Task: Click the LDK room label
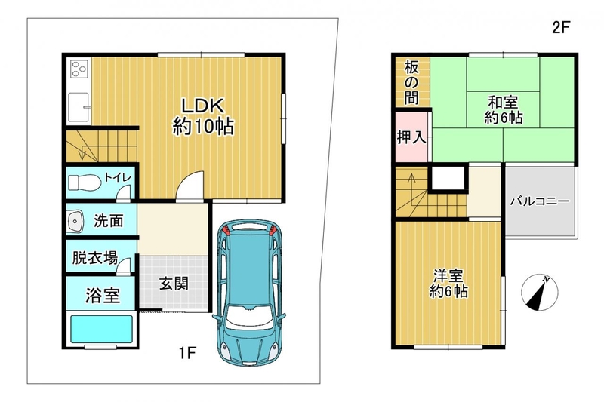[x=203, y=116]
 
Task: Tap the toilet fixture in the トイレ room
[x=85, y=183]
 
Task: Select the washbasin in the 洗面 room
[x=75, y=222]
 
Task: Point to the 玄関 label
[x=174, y=284]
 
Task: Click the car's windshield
[x=250, y=318]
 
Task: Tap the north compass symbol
[x=539, y=293]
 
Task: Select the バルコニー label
[x=540, y=201]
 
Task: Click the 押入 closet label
[x=411, y=137]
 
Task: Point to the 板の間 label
[x=411, y=83]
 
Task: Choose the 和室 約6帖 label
[x=503, y=109]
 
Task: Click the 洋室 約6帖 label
[x=448, y=284]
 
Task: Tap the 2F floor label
[x=560, y=27]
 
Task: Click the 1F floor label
[x=187, y=352]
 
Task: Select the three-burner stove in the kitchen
[x=79, y=69]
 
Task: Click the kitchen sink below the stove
[x=79, y=107]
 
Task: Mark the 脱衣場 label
[x=95, y=258]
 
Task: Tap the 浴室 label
[x=103, y=296]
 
